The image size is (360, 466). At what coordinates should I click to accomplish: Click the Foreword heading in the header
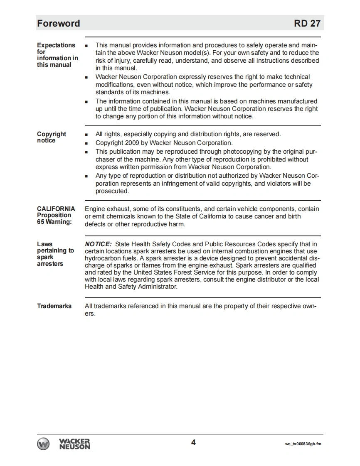(58, 23)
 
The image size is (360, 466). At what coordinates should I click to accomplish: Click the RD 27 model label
(307, 23)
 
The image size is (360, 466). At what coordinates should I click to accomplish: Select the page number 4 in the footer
(193, 442)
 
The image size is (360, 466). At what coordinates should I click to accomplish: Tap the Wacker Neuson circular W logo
(44, 444)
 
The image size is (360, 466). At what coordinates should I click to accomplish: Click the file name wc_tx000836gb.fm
(303, 444)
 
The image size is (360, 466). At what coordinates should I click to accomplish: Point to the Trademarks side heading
(54, 306)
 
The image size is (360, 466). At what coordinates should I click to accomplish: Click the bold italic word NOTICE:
(98, 244)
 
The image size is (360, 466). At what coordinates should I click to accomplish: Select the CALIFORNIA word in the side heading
(56, 209)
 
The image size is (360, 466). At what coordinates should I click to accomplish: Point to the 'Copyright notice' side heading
(52, 137)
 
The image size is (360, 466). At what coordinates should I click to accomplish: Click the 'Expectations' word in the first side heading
(56, 45)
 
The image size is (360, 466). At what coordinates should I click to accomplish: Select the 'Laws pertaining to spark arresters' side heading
(55, 254)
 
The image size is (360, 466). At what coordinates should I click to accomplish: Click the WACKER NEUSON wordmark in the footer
(75, 444)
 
